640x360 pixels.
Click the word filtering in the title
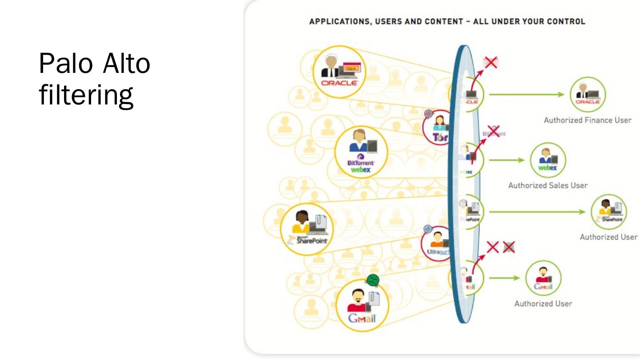click(86, 95)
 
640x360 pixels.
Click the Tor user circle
click(437, 128)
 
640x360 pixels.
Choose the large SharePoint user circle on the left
click(307, 229)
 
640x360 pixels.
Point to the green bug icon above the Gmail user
click(372, 280)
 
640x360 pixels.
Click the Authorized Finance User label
click(587, 120)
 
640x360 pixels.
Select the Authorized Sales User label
click(548, 185)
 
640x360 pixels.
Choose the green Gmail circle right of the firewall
click(543, 278)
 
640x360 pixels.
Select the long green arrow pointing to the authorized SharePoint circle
click(537, 212)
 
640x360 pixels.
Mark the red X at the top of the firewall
click(490, 63)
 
